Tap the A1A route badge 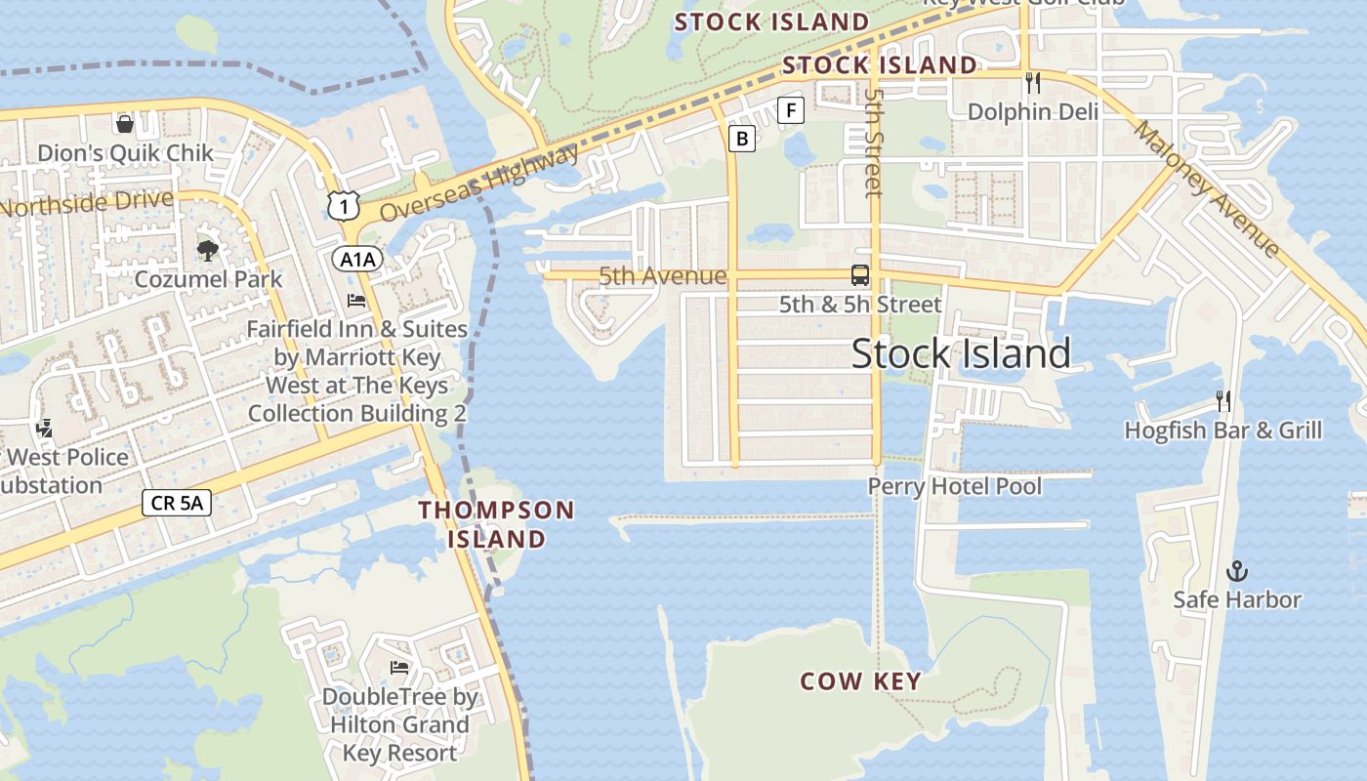click(x=357, y=259)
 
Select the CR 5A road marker click(x=177, y=503)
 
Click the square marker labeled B click(x=742, y=139)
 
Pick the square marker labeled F click(x=790, y=110)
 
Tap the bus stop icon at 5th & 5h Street click(x=860, y=275)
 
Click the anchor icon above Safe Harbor click(x=1237, y=570)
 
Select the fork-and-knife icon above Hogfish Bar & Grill click(x=1222, y=400)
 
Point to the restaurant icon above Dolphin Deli click(x=1033, y=82)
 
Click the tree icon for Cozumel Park click(x=207, y=250)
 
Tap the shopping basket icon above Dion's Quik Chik click(x=125, y=123)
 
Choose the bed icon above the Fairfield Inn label click(x=356, y=300)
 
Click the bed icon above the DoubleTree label click(x=399, y=667)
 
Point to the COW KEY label click(x=860, y=681)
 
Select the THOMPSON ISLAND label click(x=496, y=524)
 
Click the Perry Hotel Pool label click(x=955, y=486)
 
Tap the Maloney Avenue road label click(x=1207, y=189)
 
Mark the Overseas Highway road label click(x=478, y=183)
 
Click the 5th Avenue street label click(x=662, y=276)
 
